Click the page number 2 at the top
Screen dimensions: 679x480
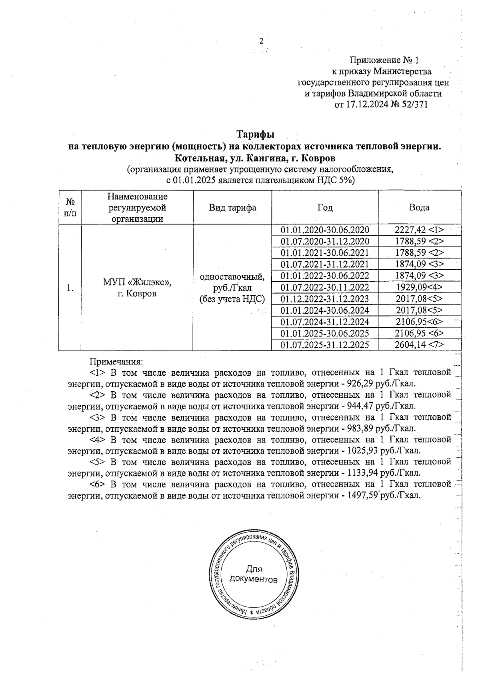(x=262, y=41)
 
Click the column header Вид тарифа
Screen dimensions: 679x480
(x=232, y=208)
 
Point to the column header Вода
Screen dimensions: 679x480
(x=419, y=207)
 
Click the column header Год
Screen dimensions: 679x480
(x=325, y=208)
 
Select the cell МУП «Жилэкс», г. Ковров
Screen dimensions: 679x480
(x=137, y=288)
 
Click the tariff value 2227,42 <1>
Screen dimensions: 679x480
(x=419, y=230)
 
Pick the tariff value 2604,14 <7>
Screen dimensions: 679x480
(x=419, y=345)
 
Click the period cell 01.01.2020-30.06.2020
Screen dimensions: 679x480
(x=325, y=230)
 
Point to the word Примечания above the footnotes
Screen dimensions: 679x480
(x=116, y=362)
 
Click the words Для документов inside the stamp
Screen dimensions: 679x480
(x=253, y=574)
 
